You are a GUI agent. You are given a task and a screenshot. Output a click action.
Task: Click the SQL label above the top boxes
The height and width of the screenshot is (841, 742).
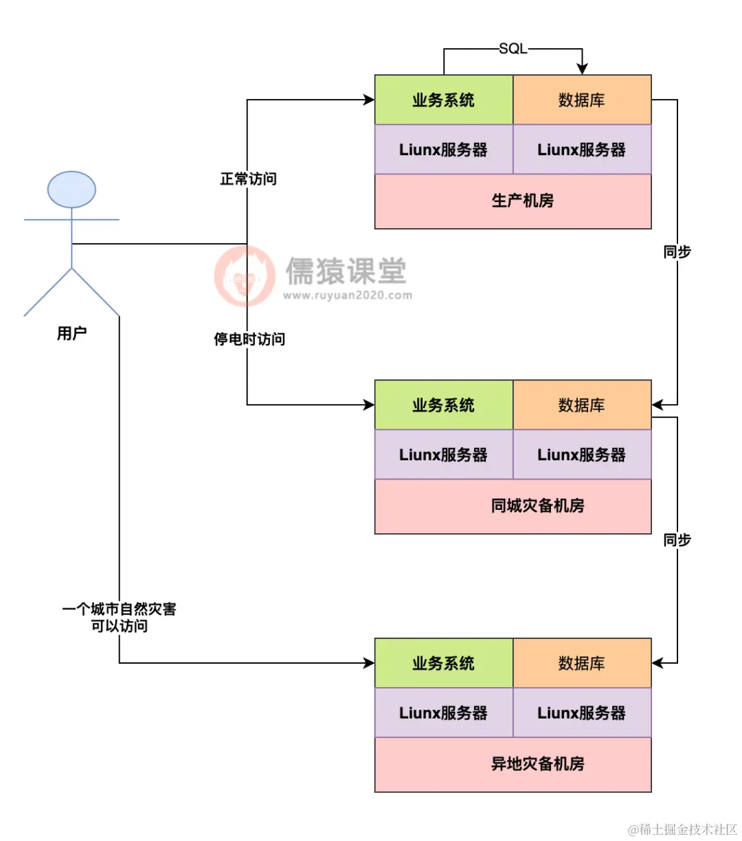click(513, 49)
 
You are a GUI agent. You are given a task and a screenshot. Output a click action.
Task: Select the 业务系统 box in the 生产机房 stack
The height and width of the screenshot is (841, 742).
click(443, 100)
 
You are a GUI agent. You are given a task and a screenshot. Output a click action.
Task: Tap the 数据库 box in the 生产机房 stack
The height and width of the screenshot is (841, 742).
click(582, 100)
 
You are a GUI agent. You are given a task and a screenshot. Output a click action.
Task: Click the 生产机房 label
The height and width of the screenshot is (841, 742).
click(522, 201)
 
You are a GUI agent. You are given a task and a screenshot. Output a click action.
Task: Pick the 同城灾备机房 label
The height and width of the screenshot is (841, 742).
click(537, 506)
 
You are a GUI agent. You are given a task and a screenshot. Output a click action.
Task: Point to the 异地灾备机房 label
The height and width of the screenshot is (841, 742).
click(537, 764)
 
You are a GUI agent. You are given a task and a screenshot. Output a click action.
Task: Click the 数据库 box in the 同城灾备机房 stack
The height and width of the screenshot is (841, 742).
click(582, 405)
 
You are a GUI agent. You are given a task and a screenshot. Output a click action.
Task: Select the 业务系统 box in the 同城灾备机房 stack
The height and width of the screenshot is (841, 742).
click(443, 405)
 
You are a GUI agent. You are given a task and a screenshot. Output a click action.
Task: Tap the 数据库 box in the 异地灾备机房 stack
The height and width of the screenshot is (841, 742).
click(582, 664)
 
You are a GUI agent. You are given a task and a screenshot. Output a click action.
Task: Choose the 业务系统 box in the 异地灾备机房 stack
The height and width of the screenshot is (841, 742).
click(443, 664)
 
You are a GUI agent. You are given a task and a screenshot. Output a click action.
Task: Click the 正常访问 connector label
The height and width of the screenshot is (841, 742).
click(248, 179)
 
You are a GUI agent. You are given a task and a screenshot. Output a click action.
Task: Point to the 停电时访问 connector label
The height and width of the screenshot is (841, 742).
click(249, 339)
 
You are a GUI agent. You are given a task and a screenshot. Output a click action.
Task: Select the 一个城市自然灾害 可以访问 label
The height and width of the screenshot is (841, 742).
click(120, 618)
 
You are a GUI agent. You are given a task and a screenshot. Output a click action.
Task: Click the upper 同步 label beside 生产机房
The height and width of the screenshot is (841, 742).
click(677, 252)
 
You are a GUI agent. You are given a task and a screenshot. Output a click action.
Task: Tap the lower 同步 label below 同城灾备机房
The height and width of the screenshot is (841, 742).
click(677, 540)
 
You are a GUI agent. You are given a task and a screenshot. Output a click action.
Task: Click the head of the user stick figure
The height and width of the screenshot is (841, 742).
click(71, 190)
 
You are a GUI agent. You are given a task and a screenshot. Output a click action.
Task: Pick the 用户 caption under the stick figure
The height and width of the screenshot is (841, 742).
click(71, 334)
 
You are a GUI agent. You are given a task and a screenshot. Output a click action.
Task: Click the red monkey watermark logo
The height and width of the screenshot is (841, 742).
click(244, 276)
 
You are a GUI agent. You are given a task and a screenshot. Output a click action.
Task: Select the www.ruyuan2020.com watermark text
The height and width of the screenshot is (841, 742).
click(348, 296)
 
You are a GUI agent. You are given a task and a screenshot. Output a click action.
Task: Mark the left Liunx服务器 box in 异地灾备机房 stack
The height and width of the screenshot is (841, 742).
click(443, 713)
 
